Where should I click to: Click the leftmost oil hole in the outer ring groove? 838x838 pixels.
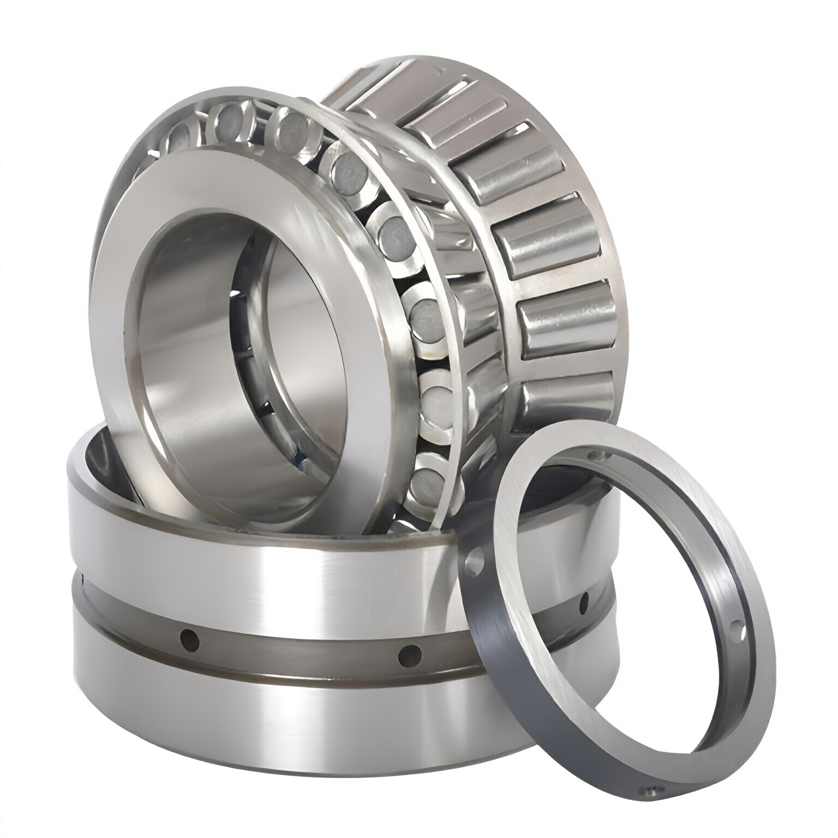click(189, 637)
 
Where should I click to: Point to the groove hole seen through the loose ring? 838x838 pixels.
click(584, 601)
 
